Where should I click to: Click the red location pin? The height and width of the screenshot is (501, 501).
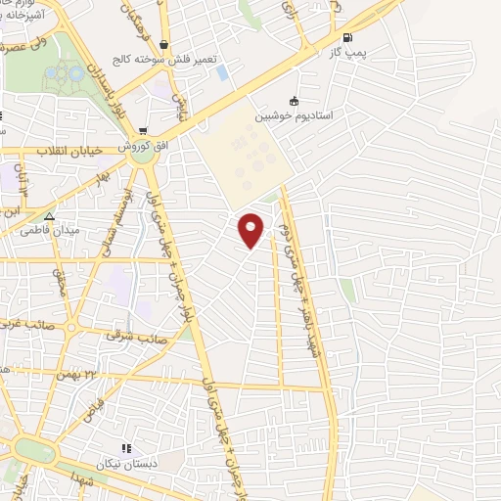point(251,229)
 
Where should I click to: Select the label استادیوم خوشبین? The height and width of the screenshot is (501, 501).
point(295,115)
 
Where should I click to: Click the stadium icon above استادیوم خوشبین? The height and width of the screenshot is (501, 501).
point(294,100)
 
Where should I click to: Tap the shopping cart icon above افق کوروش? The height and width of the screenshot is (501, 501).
point(144,130)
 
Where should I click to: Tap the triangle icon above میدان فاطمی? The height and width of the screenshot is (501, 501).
point(50,216)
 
